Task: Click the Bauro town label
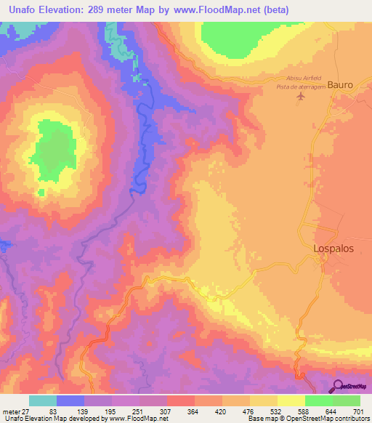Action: [340, 85]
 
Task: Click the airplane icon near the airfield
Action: [302, 97]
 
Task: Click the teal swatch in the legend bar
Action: [43, 400]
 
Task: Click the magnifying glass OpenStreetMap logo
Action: [337, 387]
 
